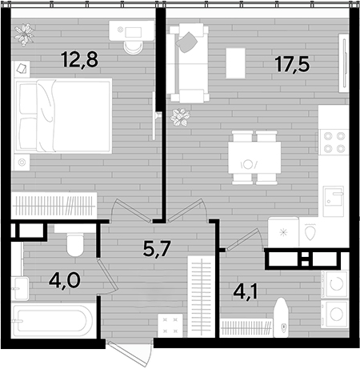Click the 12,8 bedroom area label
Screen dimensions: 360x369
coord(79,60)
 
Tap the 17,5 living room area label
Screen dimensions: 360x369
coord(293,64)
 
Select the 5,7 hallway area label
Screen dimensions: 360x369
coord(157,248)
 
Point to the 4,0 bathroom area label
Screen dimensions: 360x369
coord(64,280)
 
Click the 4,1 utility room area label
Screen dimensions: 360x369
coord(246,291)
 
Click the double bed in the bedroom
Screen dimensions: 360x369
coord(63,116)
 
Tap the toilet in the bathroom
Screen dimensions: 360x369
coord(75,244)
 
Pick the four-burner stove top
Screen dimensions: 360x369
coord(334,142)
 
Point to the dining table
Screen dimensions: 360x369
coord(254,158)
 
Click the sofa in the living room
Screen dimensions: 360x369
coord(189,62)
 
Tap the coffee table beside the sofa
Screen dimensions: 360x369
coord(235,63)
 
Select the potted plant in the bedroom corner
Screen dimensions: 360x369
coord(24,34)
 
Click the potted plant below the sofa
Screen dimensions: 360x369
coord(181,117)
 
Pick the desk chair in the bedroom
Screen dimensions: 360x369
coord(133,47)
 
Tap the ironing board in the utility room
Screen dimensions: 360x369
coord(281,318)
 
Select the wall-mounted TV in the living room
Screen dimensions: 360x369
coord(344,63)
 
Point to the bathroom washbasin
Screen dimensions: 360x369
coord(20,289)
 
